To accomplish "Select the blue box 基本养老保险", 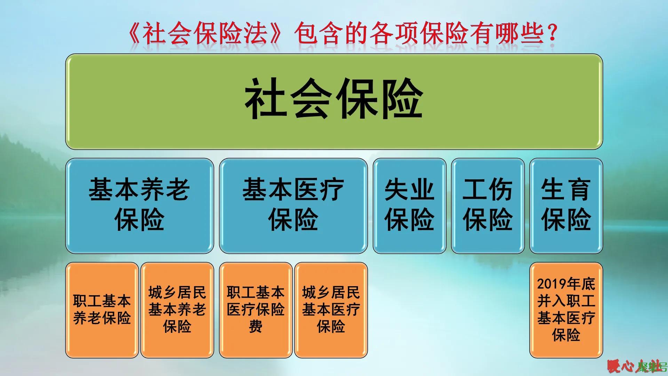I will (139, 205).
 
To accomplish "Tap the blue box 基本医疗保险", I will (293, 205).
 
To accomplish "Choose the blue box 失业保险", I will (409, 205).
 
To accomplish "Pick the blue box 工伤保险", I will (487, 205).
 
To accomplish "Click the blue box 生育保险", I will (566, 205).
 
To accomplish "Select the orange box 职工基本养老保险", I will (102, 310).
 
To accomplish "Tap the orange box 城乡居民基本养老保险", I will (177, 310).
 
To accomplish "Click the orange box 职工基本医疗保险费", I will (256, 310).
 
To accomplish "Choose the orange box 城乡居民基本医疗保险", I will (331, 310).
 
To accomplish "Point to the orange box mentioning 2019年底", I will (566, 310).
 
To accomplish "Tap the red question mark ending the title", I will (552, 34).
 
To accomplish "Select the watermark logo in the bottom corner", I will (637, 366).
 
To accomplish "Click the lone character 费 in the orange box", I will (256, 327).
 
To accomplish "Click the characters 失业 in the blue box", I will (409, 190).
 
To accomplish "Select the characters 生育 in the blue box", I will (566, 190).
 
